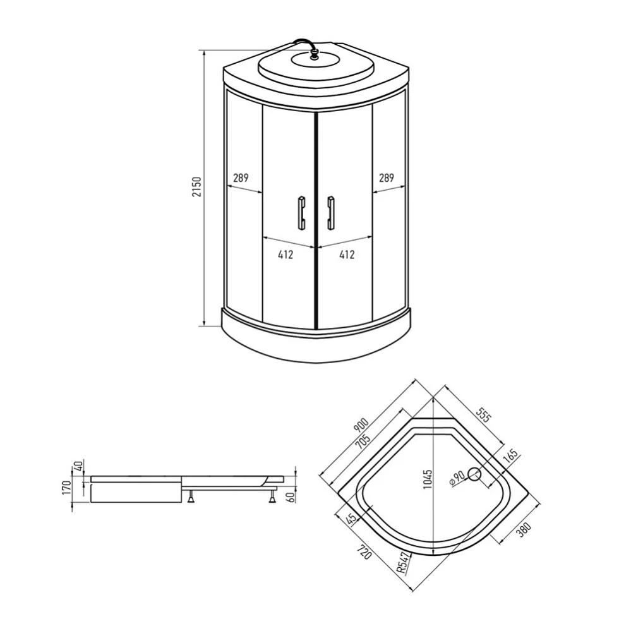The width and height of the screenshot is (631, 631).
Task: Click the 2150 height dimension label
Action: point(196,186)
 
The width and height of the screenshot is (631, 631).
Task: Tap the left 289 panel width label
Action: point(241,177)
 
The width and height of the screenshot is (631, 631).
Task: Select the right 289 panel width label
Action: point(387,177)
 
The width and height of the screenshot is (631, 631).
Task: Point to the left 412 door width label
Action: point(285,255)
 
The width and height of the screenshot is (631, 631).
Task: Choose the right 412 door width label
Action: point(347,255)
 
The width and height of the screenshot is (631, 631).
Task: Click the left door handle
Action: point(301,213)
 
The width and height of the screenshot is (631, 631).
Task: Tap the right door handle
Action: point(331,213)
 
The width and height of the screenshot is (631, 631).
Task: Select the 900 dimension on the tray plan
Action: point(361,425)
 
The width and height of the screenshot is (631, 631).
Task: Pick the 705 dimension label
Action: point(363,442)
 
